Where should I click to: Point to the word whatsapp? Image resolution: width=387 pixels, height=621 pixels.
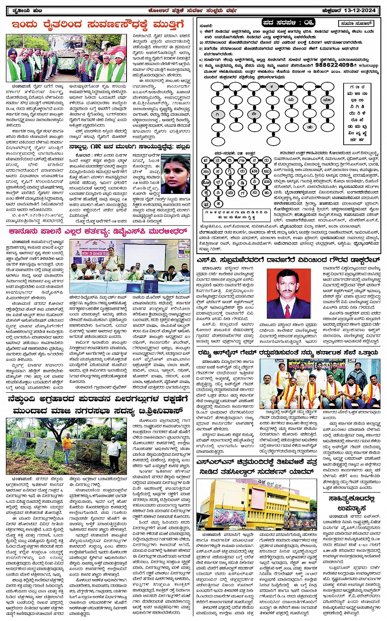[369, 65]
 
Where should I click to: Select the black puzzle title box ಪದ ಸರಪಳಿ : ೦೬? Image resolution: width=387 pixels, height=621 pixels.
[283, 23]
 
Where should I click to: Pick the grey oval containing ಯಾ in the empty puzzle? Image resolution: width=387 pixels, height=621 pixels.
[327, 100]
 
